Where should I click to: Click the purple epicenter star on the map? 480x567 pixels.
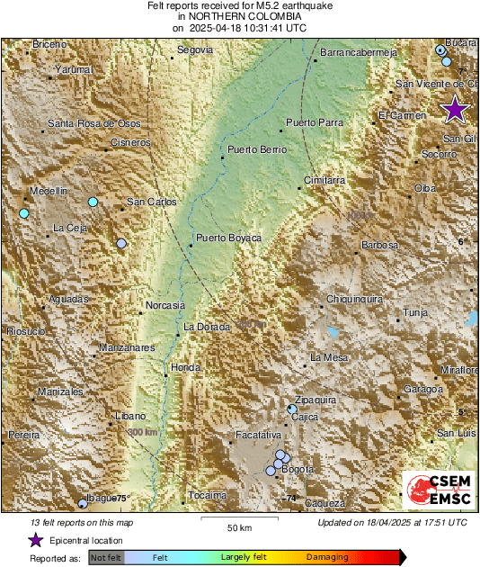tap(456, 109)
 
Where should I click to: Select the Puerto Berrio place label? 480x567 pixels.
tap(256, 149)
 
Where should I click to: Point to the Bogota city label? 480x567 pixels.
tap(297, 470)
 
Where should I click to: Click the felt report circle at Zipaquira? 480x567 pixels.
tap(292, 409)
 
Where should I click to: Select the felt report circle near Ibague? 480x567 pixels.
tap(83, 503)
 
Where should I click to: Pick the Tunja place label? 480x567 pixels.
tap(415, 313)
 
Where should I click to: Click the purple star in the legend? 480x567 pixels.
tap(35, 540)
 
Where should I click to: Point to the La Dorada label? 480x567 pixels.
tap(207, 327)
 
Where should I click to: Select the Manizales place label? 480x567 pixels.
tap(61, 392)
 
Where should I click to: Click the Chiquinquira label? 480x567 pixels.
tap(355, 299)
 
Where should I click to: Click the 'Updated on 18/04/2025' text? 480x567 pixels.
tap(393, 522)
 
